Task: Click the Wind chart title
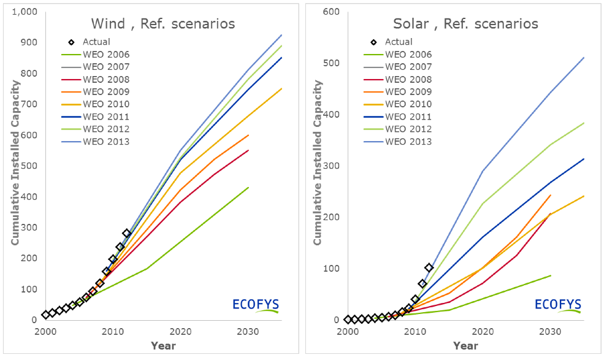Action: click(163, 24)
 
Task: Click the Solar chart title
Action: click(465, 24)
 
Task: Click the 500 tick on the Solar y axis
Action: click(332, 63)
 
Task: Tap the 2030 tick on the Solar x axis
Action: click(550, 332)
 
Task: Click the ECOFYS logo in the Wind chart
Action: click(255, 304)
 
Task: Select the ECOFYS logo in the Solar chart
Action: click(557, 304)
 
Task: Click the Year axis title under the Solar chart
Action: click(465, 346)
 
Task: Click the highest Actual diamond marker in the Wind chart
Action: click(127, 233)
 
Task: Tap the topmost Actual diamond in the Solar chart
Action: click(429, 267)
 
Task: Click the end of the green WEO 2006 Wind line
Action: click(248, 188)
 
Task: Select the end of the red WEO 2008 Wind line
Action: click(248, 150)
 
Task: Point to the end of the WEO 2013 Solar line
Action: click(584, 58)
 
